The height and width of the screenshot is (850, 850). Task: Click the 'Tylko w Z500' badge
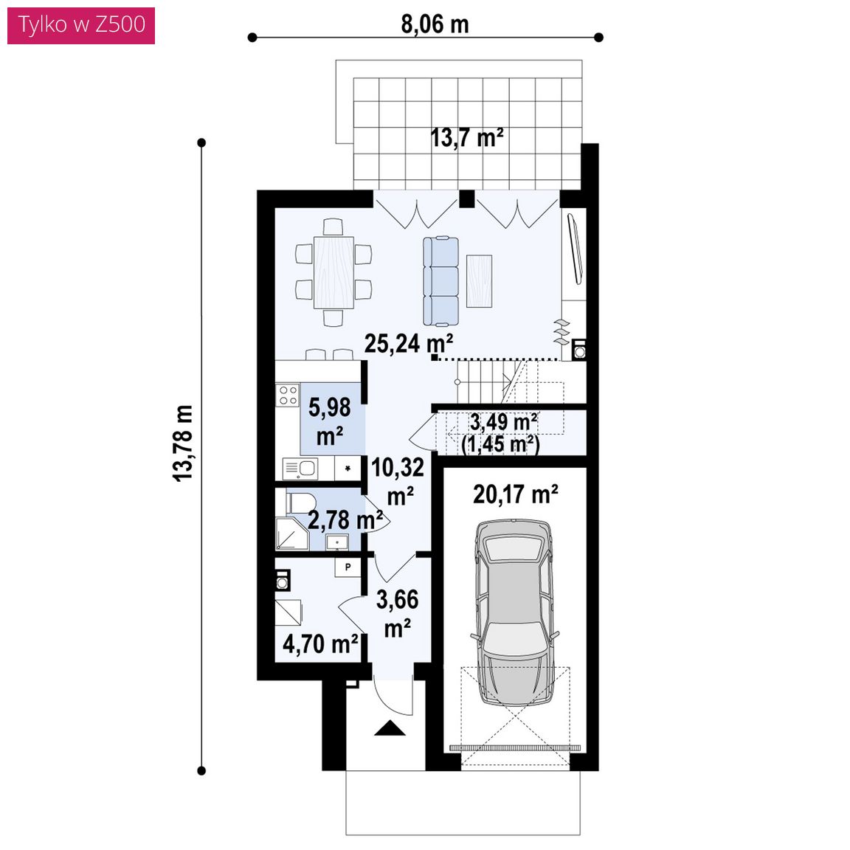(81, 26)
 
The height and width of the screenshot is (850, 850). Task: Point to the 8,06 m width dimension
(435, 24)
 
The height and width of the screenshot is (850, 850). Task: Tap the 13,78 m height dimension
(183, 443)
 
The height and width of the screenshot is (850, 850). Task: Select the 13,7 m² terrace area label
(467, 138)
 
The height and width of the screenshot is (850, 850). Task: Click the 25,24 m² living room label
(409, 343)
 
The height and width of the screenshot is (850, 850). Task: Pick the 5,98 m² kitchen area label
(330, 421)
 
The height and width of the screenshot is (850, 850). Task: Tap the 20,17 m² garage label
(516, 494)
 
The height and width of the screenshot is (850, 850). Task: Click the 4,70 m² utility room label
(319, 644)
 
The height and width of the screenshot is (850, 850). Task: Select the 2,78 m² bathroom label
(345, 520)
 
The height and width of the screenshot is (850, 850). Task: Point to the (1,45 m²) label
(500, 444)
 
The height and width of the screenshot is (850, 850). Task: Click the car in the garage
(516, 612)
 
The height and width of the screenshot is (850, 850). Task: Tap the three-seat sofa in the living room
(440, 281)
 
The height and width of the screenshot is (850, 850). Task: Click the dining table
(334, 272)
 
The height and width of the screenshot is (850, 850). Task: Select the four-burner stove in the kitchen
(287, 395)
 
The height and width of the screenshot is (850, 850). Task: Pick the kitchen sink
(300, 469)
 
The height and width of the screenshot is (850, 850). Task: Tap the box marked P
(348, 567)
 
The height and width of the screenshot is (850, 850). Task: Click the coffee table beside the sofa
(479, 281)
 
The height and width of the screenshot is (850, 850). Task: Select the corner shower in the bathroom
(291, 533)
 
